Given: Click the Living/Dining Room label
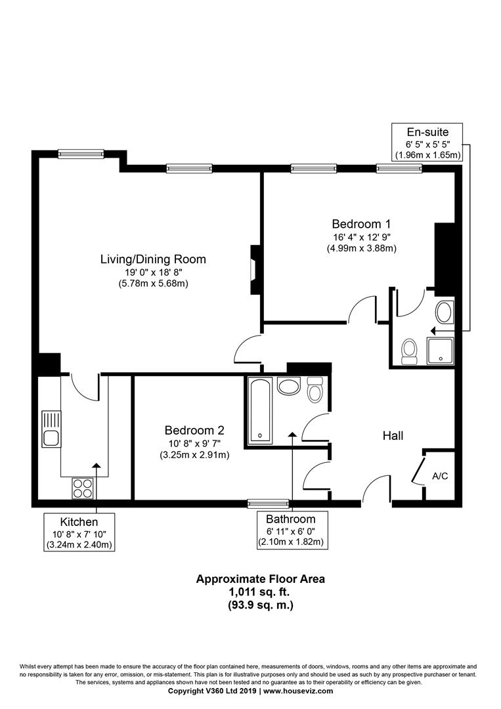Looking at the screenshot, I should pos(152,259).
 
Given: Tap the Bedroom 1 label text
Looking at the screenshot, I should pos(361,222).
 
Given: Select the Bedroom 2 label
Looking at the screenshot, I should pos(194,431).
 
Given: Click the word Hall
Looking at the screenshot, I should pos(393,435).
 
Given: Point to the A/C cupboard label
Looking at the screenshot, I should pos(440,475).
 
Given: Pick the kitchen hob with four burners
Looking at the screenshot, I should pos(83,488).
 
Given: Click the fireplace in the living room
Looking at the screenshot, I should pos(254,270).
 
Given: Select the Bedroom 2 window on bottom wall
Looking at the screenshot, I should pos(267,504).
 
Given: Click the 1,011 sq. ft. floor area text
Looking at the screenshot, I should pos(261,592).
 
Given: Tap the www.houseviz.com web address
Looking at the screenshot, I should pos(298,691).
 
